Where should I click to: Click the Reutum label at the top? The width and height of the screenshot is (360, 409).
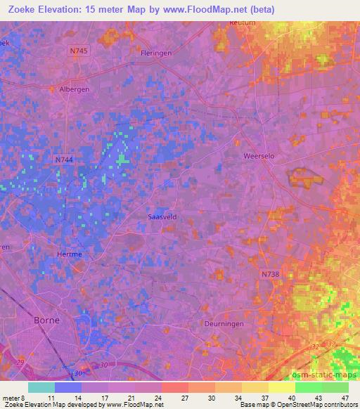240,23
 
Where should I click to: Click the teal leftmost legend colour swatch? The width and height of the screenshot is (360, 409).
41,387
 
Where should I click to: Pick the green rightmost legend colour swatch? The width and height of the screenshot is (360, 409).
335,387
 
